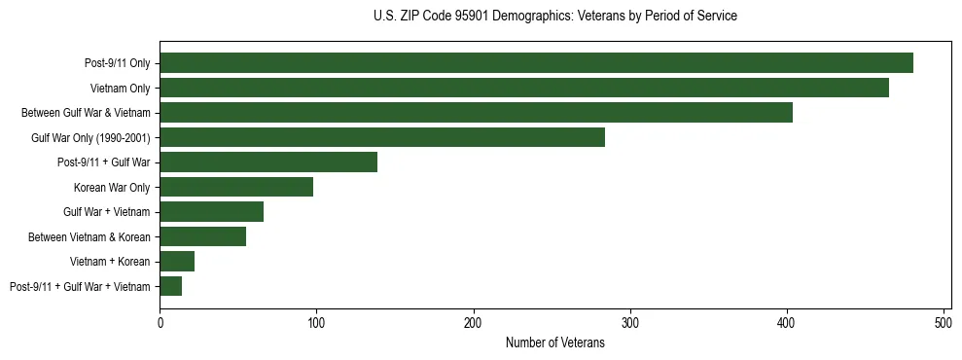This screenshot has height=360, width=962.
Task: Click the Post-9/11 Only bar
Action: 536,63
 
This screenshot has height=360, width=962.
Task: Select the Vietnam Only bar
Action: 524,88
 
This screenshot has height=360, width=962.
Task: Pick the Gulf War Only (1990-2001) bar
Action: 382,137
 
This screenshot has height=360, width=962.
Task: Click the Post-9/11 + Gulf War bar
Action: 268,162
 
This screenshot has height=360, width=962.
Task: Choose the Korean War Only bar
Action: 236,187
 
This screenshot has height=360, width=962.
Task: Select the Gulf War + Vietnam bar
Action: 211,212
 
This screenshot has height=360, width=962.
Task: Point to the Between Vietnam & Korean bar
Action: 202,236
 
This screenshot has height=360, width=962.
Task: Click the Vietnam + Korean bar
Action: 177,261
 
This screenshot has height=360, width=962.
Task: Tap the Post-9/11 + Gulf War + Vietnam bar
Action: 170,286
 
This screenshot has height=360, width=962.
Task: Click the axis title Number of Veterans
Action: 554,342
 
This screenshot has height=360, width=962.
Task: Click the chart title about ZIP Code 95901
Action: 554,17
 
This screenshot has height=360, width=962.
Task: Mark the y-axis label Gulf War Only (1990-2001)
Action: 89,137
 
